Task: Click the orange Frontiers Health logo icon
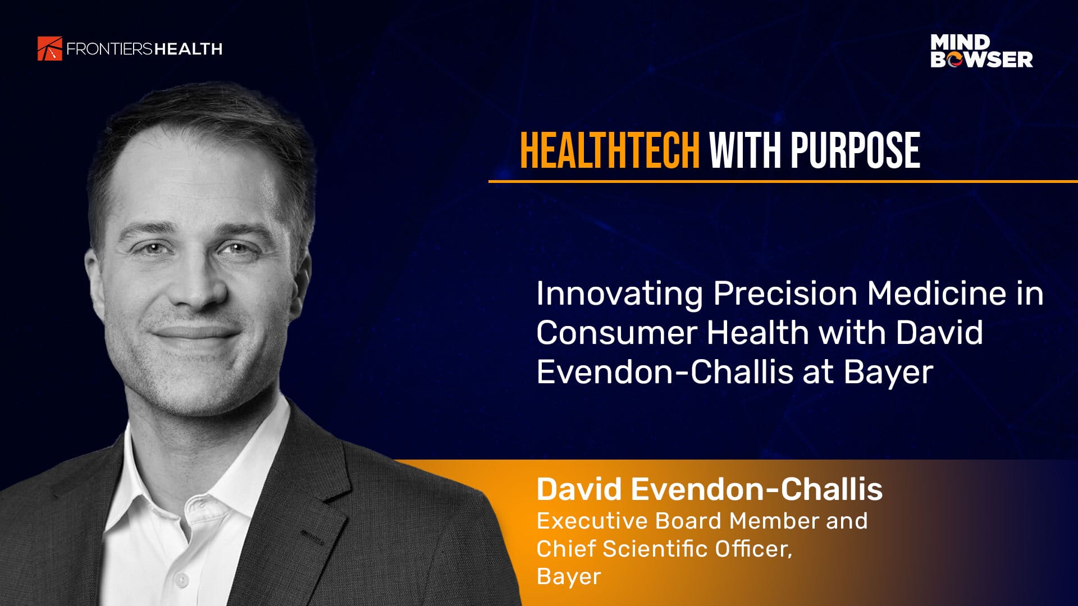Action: point(49,48)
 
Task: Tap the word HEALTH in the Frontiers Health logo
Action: point(189,49)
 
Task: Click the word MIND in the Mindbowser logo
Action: point(960,42)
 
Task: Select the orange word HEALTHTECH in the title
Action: point(610,150)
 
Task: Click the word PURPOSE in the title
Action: point(855,150)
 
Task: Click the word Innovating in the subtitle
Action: point(619,293)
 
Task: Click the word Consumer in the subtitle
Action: point(616,333)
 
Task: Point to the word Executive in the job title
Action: point(592,521)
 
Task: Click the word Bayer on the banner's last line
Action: point(569,577)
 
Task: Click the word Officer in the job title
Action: point(753,549)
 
